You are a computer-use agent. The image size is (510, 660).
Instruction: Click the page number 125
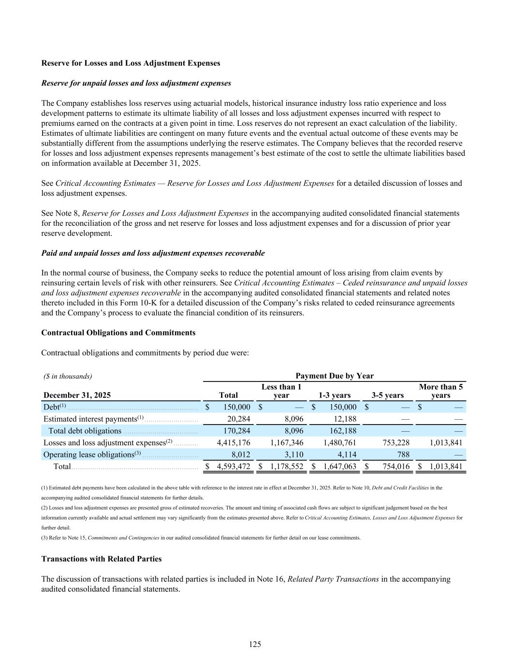[255, 644]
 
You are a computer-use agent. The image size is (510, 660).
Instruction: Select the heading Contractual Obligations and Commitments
[118, 333]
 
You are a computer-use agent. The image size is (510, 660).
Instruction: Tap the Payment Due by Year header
[334, 376]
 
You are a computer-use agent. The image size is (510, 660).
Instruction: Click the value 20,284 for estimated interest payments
[239, 419]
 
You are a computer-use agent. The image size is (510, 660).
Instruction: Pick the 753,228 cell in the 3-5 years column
[396, 442]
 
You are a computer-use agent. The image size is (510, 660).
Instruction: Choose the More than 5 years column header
[440, 391]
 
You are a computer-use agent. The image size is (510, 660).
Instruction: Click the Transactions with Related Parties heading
[102, 558]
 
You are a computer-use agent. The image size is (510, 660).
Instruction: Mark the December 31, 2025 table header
[77, 395]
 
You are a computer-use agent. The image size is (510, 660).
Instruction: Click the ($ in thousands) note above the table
[68, 376]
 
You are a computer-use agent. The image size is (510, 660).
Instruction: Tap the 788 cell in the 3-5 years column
[402, 455]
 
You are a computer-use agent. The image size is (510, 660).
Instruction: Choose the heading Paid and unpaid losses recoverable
[153, 253]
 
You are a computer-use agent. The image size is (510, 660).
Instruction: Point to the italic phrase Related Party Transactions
[333, 579]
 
